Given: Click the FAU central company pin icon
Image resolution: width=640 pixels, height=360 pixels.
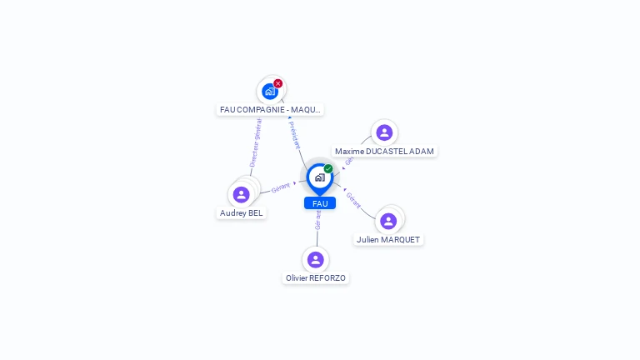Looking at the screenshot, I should pyautogui.click(x=319, y=177).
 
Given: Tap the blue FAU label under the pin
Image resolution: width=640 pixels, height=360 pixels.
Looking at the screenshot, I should pyautogui.click(x=320, y=203).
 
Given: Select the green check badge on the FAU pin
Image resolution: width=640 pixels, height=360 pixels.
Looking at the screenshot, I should pyautogui.click(x=328, y=169).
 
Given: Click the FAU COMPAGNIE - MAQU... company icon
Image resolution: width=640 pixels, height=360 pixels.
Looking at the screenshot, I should pyautogui.click(x=269, y=92).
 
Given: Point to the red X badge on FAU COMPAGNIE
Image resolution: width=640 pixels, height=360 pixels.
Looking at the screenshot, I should pyautogui.click(x=278, y=83).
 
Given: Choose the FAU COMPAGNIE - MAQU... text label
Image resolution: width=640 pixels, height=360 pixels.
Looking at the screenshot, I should pyautogui.click(x=269, y=109).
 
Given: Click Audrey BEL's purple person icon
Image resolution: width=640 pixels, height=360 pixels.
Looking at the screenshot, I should pyautogui.click(x=241, y=195).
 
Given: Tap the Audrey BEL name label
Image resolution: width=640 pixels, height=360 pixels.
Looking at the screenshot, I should pyautogui.click(x=241, y=212).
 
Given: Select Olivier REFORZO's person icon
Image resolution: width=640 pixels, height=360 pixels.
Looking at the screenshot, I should pyautogui.click(x=315, y=260).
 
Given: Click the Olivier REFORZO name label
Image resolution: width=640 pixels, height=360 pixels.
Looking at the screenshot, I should pyautogui.click(x=316, y=277).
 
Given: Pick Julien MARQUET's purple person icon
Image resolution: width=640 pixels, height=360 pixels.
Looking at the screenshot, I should pyautogui.click(x=388, y=222).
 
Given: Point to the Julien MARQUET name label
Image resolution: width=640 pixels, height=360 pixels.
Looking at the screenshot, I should pyautogui.click(x=388, y=239).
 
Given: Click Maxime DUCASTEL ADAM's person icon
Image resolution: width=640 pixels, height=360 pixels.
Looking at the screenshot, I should pyautogui.click(x=384, y=132).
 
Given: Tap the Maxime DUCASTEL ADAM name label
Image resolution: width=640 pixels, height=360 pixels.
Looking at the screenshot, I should pyautogui.click(x=384, y=151).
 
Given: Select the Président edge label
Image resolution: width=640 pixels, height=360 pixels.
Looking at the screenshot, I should pyautogui.click(x=294, y=134).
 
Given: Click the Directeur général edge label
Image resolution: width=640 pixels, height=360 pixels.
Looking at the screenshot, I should pyautogui.click(x=256, y=142).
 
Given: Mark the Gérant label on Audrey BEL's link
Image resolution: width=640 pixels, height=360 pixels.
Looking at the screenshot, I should pyautogui.click(x=281, y=187).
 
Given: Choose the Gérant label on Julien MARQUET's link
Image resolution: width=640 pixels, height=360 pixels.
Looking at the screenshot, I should pyautogui.click(x=353, y=200).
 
